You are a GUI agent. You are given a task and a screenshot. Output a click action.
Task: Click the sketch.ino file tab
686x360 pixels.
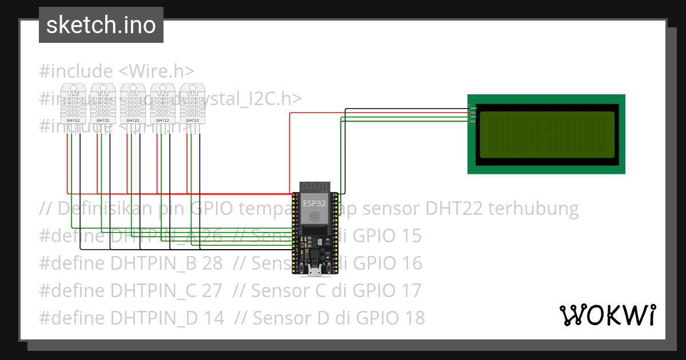(x=101, y=25)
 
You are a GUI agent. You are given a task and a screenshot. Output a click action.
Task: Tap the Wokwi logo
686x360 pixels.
(x=607, y=315)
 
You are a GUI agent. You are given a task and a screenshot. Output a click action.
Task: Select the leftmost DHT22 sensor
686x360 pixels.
(x=73, y=103)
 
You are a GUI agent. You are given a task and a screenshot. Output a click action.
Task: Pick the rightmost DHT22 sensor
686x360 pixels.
(x=192, y=103)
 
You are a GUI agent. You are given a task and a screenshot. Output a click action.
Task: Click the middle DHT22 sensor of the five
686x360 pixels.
(x=133, y=103)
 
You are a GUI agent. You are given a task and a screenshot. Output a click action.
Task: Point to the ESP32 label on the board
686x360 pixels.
(x=315, y=203)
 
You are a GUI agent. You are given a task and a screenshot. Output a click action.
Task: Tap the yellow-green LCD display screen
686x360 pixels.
(x=547, y=135)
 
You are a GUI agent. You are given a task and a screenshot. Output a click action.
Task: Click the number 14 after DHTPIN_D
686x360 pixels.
(x=213, y=317)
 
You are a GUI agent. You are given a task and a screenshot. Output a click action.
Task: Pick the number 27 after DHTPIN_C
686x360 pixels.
(x=212, y=290)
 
